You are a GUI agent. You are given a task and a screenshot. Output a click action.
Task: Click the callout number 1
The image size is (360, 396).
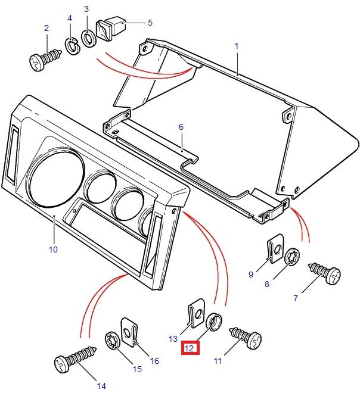pos(237,46)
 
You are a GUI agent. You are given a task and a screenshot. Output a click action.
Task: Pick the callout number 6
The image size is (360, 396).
pos(181,127)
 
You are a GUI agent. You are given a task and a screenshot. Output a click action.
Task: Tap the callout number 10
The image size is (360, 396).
pos(53,250)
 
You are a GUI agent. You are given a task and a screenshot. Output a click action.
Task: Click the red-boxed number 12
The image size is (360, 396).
pos(190,349)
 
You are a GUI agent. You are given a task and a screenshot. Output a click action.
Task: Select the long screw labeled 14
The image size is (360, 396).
pos(74,359)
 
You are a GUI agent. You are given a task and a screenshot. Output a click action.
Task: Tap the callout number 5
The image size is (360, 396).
pos(150,23)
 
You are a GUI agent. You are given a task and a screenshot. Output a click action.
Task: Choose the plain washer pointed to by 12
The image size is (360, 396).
pos(215,320)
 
